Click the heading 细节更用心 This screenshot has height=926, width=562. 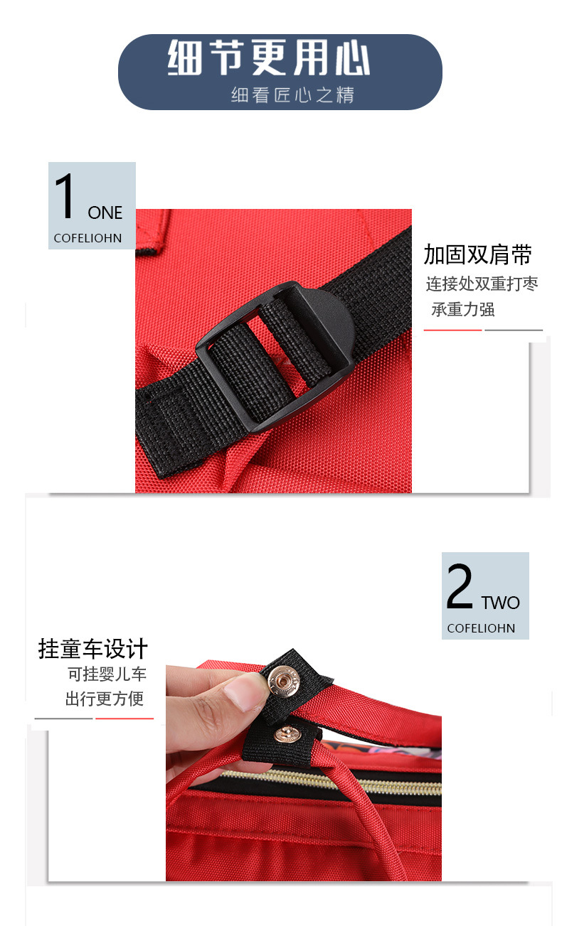(x=269, y=58)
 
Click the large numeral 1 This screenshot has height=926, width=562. (x=65, y=197)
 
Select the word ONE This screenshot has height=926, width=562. (x=105, y=212)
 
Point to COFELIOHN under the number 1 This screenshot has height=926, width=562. (x=88, y=239)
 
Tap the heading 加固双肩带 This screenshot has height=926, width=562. (x=478, y=254)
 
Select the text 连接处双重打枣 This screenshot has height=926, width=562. (x=482, y=284)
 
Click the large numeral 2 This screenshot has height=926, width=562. (x=460, y=588)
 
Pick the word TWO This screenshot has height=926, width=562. (x=501, y=603)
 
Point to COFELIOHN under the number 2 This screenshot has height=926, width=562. (x=481, y=629)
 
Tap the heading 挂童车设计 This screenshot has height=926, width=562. (x=93, y=649)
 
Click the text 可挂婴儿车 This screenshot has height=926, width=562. (x=107, y=674)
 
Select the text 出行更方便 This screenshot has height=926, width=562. (x=105, y=699)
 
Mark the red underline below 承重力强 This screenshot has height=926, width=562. (x=452, y=330)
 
